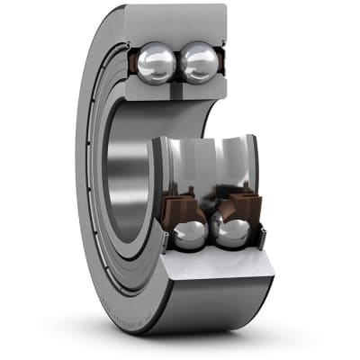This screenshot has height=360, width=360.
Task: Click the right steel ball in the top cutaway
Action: [x=200, y=65]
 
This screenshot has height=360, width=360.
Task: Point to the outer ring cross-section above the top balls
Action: [x=175, y=22]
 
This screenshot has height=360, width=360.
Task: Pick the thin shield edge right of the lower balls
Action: [x=262, y=236]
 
